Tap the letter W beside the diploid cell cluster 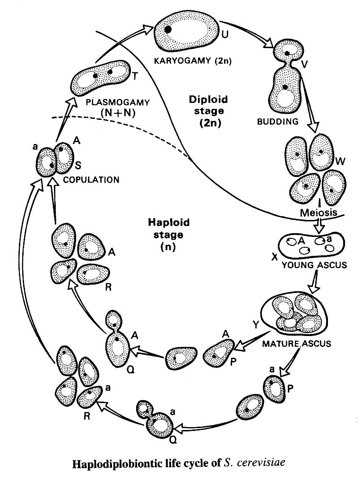[339, 162]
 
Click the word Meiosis [319, 213]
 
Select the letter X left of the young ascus [274, 256]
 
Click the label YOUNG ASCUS [314, 265]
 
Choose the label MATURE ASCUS [296, 343]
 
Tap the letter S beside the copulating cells [78, 166]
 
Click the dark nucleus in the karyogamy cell [168, 30]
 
